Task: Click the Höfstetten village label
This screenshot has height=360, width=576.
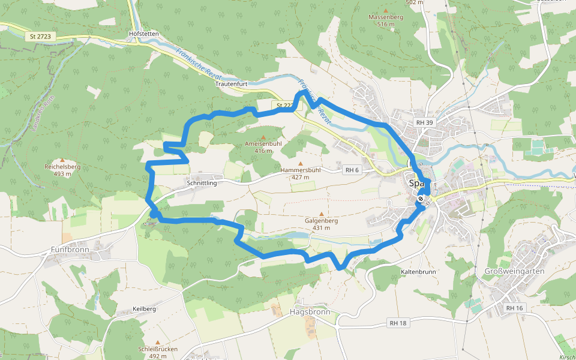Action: pos(144,34)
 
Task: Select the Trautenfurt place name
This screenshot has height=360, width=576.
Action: pos(231,84)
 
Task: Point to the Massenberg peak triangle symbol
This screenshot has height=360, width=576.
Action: pos(386,10)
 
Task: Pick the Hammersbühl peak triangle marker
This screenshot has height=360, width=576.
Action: pos(301,163)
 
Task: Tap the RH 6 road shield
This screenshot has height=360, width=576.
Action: pos(352,170)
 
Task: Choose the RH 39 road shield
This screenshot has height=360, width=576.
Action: pos(424,122)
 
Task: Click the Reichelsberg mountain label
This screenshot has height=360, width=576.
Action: pos(62,167)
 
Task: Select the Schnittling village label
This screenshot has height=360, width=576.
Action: pos(202,183)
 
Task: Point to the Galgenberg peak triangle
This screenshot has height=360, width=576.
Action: pos(322,214)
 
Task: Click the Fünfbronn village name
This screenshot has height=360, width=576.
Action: pos(70,250)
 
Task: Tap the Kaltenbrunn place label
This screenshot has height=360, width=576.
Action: pos(418,271)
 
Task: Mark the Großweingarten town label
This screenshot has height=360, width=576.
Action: pos(514,271)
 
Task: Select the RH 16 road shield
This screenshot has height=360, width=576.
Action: pos(514,308)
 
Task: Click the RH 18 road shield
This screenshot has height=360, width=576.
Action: pos(398,323)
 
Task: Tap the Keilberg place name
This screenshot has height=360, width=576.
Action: pos(144,309)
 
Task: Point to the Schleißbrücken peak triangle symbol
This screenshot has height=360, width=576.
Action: pos(158,341)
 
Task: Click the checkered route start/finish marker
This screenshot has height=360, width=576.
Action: pos(422,199)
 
